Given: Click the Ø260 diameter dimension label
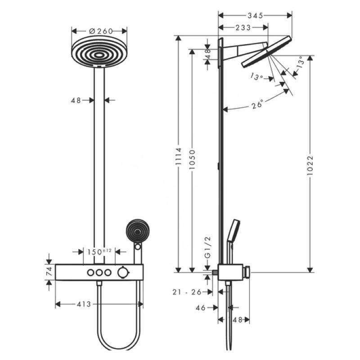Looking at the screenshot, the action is tap(101, 31).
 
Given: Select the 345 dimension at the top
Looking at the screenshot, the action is tap(255, 16).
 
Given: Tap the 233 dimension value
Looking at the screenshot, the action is tap(243, 27).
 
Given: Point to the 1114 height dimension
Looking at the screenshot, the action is tap(178, 156).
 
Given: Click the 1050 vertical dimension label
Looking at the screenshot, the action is tap(192, 160).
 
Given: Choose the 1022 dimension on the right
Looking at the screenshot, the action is tap(310, 166).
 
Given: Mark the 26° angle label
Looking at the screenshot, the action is tap(257, 105).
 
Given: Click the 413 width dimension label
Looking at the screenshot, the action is tap(84, 304).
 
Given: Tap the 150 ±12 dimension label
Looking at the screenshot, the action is tap(99, 252).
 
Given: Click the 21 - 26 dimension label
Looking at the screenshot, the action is tap(187, 292).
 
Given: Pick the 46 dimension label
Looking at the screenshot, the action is tap(200, 308).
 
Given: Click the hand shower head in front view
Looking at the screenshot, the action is tap(138, 231).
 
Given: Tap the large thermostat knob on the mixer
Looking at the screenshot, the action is tap(122, 273).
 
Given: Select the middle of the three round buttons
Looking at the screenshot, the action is tap(99, 273).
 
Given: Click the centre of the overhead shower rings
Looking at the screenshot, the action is tap(99, 55).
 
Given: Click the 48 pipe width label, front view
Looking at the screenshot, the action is tap(76, 100).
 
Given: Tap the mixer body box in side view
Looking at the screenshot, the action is tap(230, 272).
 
